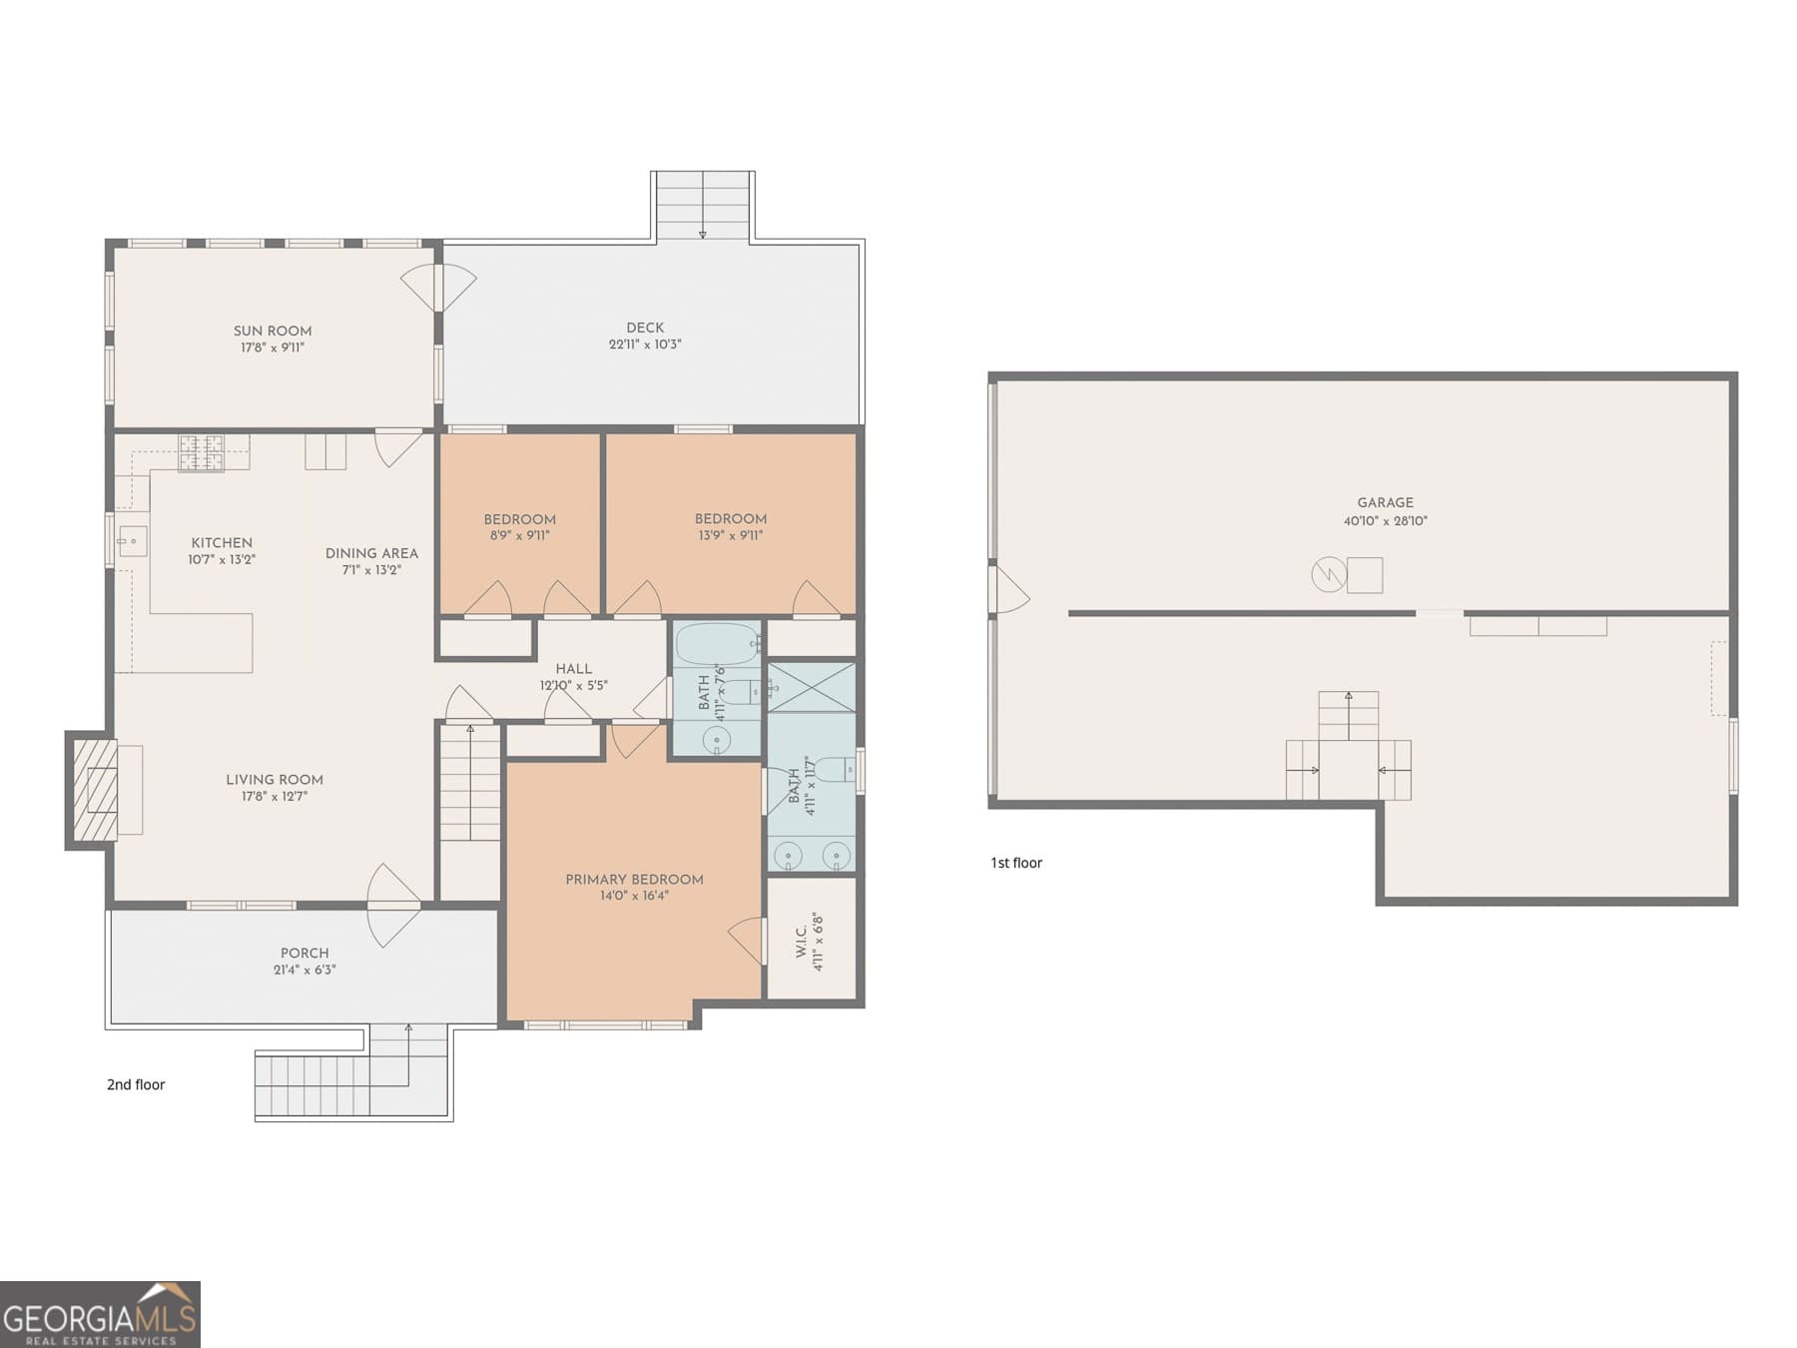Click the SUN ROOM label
(x=273, y=331)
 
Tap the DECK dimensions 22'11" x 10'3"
(x=645, y=344)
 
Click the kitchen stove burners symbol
(x=201, y=452)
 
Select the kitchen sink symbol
(x=132, y=541)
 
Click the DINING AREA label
(x=371, y=553)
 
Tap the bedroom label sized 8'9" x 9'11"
(x=519, y=519)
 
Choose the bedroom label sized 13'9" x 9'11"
(x=731, y=518)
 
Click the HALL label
(x=573, y=669)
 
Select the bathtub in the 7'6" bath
(x=716, y=644)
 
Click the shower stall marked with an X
(x=811, y=687)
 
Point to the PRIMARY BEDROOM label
(x=634, y=880)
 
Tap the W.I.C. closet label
(x=802, y=942)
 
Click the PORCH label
(x=304, y=953)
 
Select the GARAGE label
(x=1385, y=502)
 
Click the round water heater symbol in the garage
(x=1329, y=575)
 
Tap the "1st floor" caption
(x=1016, y=863)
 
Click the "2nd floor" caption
(x=136, y=1084)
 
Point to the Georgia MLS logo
(x=100, y=1314)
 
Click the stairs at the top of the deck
(x=703, y=206)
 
